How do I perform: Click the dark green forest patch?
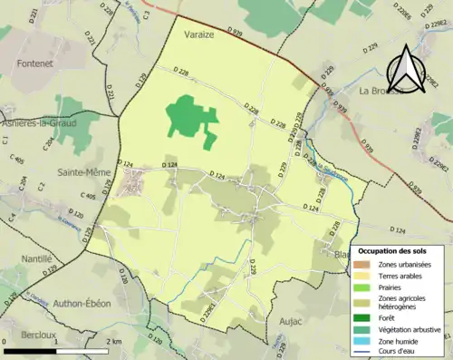click(x=190, y=118)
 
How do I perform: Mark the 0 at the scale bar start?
click(x=6, y=341)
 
